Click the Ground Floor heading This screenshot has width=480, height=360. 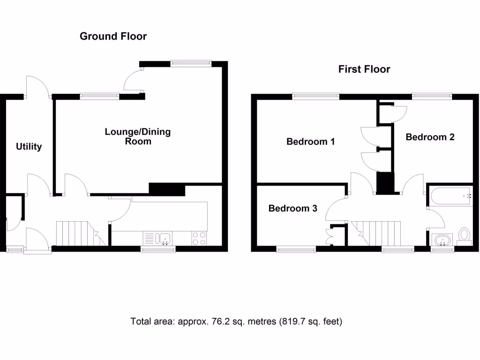pyautogui.click(x=113, y=36)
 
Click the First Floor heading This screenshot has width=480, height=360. pyautogui.click(x=364, y=69)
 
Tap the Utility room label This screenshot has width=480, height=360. pyautogui.click(x=29, y=147)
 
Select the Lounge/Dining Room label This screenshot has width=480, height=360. pyautogui.click(x=137, y=136)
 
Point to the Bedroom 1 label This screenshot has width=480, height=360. pyautogui.click(x=310, y=141)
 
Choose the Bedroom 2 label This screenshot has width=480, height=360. pyautogui.click(x=430, y=137)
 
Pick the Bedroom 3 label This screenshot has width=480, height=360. pyautogui.click(x=292, y=208)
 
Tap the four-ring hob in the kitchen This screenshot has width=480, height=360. pyautogui.click(x=199, y=239)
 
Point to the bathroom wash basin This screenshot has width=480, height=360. pyautogui.click(x=442, y=241)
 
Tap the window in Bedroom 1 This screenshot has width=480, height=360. pyautogui.click(x=316, y=97)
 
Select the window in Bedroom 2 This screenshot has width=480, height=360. pyautogui.click(x=432, y=97)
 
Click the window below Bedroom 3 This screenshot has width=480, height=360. pyautogui.click(x=296, y=250)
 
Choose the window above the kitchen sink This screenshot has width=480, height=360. pyautogui.click(x=158, y=250)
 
